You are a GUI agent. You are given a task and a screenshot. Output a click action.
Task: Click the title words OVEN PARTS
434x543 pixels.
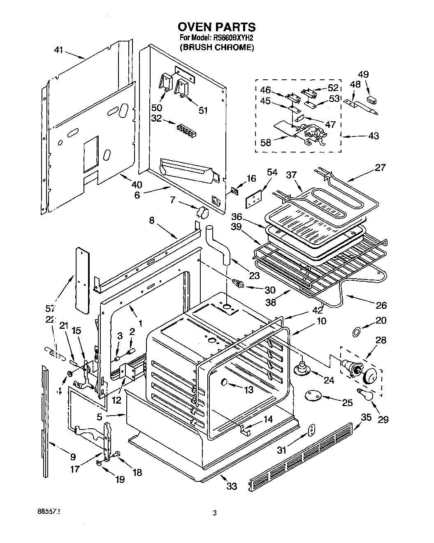click(216, 27)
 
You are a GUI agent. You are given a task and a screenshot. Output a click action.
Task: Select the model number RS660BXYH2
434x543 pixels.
click(232, 37)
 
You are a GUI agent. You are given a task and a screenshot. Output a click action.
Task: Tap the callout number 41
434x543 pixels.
click(59, 50)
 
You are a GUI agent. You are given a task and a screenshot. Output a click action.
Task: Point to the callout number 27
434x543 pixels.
click(381, 167)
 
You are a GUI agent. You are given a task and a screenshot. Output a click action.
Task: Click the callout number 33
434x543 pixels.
click(232, 486)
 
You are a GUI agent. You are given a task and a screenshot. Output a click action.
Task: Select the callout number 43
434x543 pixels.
click(374, 136)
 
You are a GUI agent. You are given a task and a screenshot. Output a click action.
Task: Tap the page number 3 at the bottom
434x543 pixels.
click(214, 513)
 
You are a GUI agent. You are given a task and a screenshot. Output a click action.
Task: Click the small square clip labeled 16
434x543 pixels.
click(235, 191)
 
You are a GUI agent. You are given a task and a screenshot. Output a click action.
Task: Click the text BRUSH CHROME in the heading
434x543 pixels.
click(216, 47)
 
